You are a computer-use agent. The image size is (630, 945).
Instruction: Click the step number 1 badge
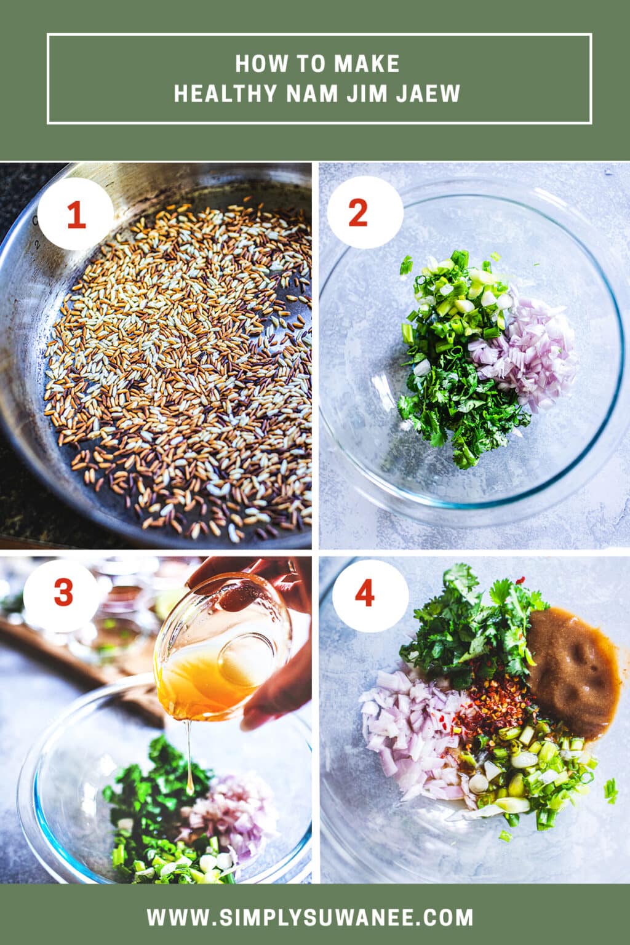[75, 217]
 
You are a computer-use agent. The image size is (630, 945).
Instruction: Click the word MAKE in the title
[367, 63]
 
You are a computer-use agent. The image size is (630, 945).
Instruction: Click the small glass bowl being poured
[221, 646]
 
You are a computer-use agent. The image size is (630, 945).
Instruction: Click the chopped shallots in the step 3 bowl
[234, 812]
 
